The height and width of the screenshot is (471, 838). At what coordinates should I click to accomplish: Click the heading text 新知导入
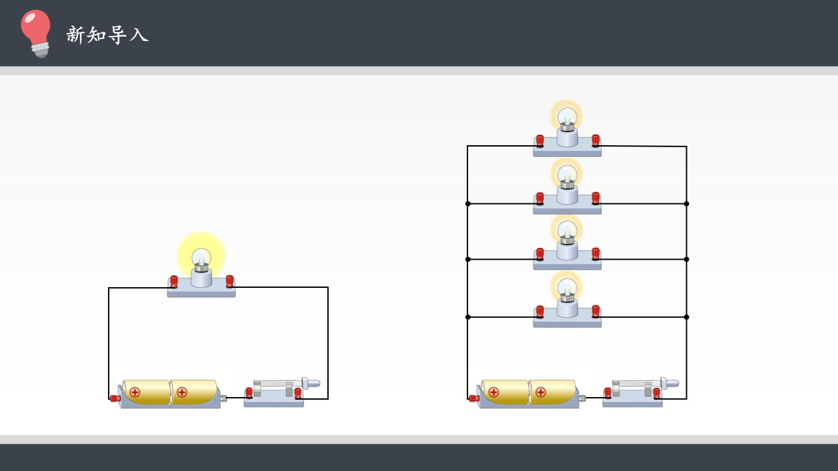[x=107, y=35]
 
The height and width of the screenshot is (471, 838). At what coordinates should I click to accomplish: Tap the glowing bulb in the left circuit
[x=201, y=257]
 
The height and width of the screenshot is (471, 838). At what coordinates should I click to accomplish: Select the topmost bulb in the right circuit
[x=567, y=118]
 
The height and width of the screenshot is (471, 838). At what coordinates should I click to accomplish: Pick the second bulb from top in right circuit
[x=567, y=176]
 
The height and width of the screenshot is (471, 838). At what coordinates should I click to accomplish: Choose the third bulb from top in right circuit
[x=567, y=232]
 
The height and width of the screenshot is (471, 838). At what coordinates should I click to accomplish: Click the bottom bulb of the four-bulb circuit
[x=567, y=289]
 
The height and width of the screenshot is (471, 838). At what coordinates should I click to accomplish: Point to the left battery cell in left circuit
[x=146, y=392]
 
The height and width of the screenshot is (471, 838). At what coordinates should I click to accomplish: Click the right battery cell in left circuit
[x=194, y=392]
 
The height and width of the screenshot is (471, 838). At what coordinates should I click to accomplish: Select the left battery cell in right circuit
[x=505, y=392]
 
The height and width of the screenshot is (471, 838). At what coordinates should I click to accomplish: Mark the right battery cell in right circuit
[x=553, y=392]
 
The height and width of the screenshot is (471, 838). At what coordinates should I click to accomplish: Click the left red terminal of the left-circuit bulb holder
[x=174, y=282]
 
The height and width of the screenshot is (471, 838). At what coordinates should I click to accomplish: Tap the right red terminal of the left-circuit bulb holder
[x=230, y=281]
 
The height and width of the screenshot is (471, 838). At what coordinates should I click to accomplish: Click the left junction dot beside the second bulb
[x=467, y=203]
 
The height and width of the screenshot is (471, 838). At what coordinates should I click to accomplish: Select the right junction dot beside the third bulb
[x=686, y=259]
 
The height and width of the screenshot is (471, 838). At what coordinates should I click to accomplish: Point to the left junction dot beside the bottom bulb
[x=467, y=317]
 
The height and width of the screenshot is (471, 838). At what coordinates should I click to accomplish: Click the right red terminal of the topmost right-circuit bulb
[x=596, y=140]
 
